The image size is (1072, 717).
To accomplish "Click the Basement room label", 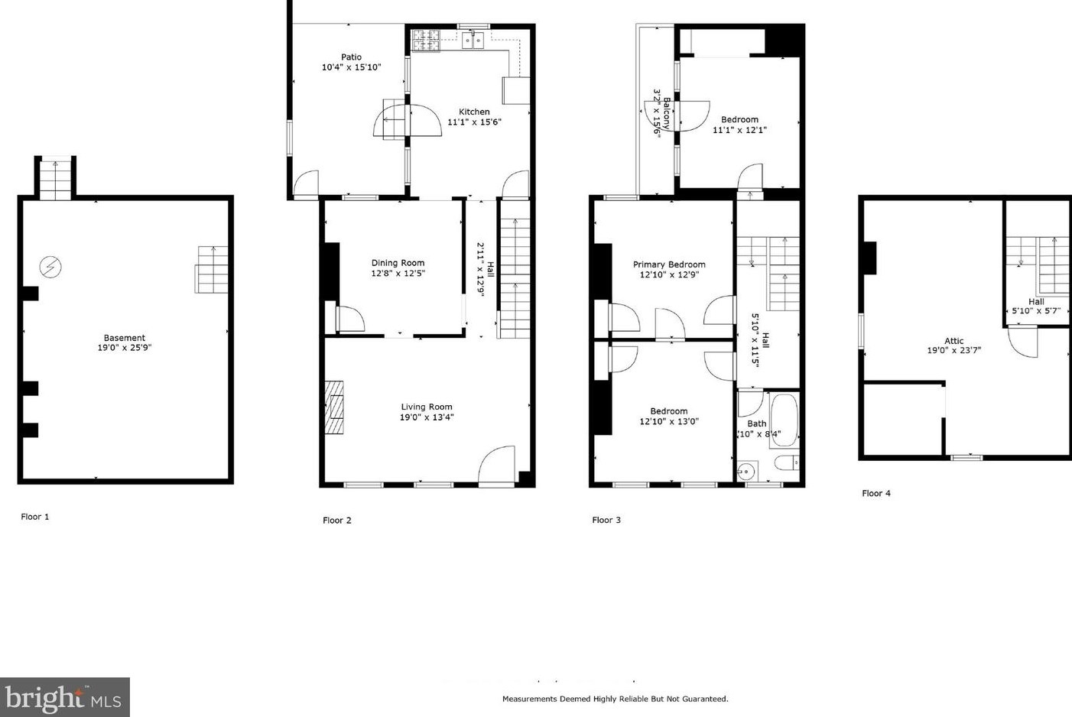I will click(125, 338).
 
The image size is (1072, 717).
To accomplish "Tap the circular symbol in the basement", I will click(50, 268).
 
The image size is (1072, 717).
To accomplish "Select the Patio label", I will click(351, 57).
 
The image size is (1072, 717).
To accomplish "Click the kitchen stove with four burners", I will click(427, 40).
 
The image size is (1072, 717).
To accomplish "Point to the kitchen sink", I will click(473, 40).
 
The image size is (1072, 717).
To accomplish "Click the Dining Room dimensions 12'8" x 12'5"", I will click(398, 274).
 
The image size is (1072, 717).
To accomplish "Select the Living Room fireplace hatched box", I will click(334, 407).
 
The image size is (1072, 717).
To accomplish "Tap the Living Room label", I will click(427, 407).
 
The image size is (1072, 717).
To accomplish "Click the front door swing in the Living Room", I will click(497, 466).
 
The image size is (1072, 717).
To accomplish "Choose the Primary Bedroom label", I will click(669, 264).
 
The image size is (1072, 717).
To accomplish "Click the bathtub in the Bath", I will click(784, 420).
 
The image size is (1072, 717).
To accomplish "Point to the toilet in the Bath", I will click(787, 462).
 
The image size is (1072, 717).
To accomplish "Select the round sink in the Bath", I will click(747, 469).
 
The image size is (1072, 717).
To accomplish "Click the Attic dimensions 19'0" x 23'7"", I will click(953, 351).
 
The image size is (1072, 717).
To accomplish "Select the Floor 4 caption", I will click(875, 494).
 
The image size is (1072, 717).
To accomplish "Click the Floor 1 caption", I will click(35, 517).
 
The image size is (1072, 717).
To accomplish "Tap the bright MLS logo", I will click(64, 698).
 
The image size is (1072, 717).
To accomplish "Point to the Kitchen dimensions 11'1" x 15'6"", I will click(474, 122).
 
